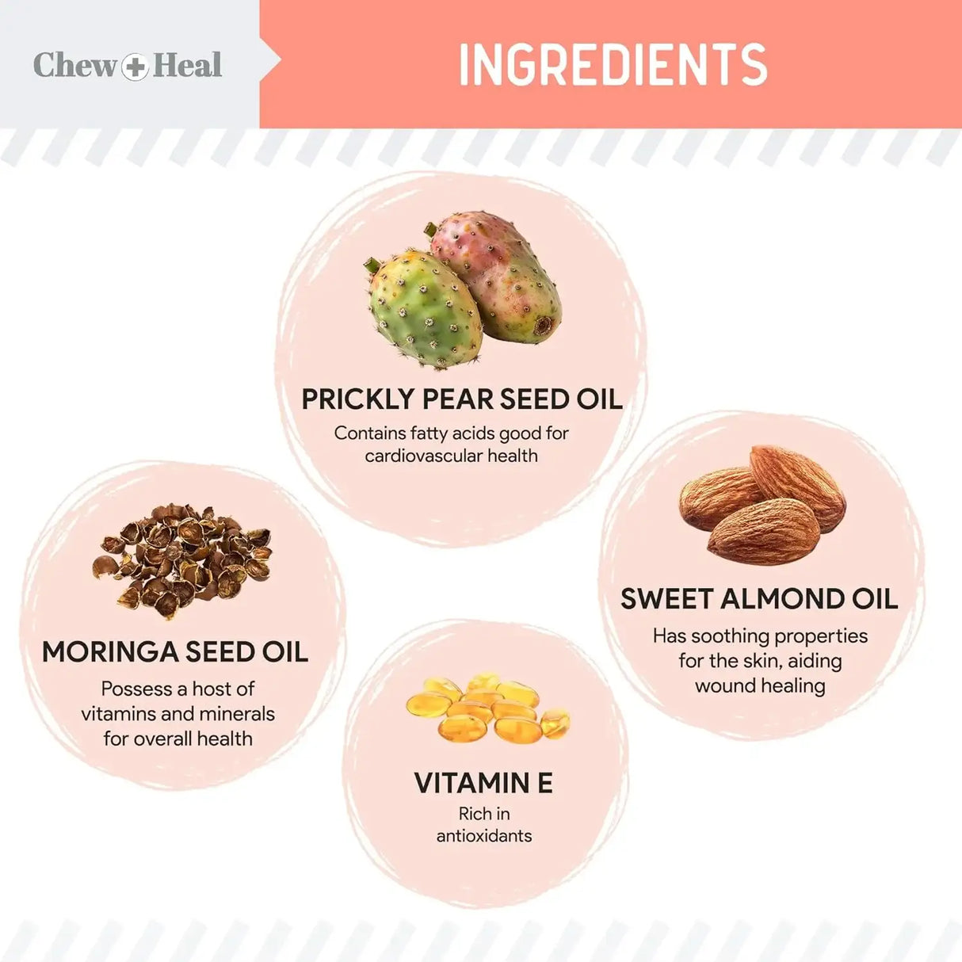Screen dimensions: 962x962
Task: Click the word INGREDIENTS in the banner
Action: coord(613,64)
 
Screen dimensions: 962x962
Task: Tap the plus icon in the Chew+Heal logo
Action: coord(136,66)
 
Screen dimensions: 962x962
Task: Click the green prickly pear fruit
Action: coord(424,310)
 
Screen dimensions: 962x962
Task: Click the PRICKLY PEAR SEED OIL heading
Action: coord(462,399)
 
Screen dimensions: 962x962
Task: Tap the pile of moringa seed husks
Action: coord(181,559)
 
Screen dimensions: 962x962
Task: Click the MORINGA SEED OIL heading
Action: coord(175,652)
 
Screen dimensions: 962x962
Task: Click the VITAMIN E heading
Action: coord(483,783)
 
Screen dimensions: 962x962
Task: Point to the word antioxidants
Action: coord(484,836)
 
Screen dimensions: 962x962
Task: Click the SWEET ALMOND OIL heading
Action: coord(759,599)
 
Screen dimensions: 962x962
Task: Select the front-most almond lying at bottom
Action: coord(763,531)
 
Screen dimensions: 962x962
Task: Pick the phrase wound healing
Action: coord(760,685)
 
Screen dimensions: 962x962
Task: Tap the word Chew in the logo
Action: coord(74,65)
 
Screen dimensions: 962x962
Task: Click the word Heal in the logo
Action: coord(188,65)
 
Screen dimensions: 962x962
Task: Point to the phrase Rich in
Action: coord(484,814)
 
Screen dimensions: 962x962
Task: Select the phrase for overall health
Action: coord(178,739)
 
